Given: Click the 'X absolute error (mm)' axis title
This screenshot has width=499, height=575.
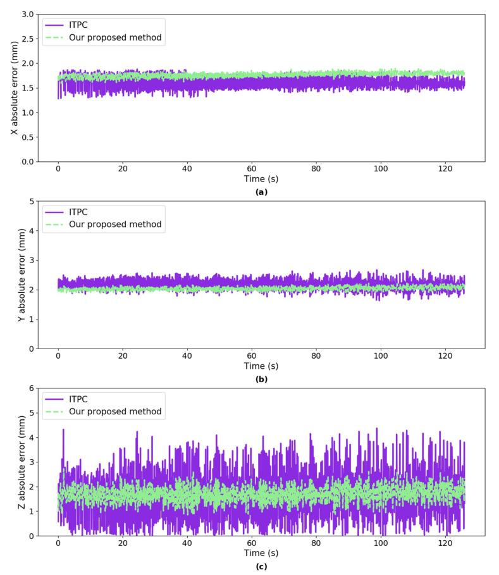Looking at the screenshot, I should click(13, 87).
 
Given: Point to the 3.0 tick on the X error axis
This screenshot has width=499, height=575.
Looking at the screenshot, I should click(27, 14).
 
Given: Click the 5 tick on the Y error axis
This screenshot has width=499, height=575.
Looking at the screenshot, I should click(30, 201).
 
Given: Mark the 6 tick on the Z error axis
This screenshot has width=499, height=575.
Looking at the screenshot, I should click(30, 388).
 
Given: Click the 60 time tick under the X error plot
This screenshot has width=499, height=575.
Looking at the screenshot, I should click(252, 169).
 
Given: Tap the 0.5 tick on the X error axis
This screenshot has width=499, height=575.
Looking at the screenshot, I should click(27, 137).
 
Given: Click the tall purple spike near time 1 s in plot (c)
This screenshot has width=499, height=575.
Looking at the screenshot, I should click(63, 430).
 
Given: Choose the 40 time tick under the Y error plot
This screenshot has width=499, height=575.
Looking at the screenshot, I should click(187, 356).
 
